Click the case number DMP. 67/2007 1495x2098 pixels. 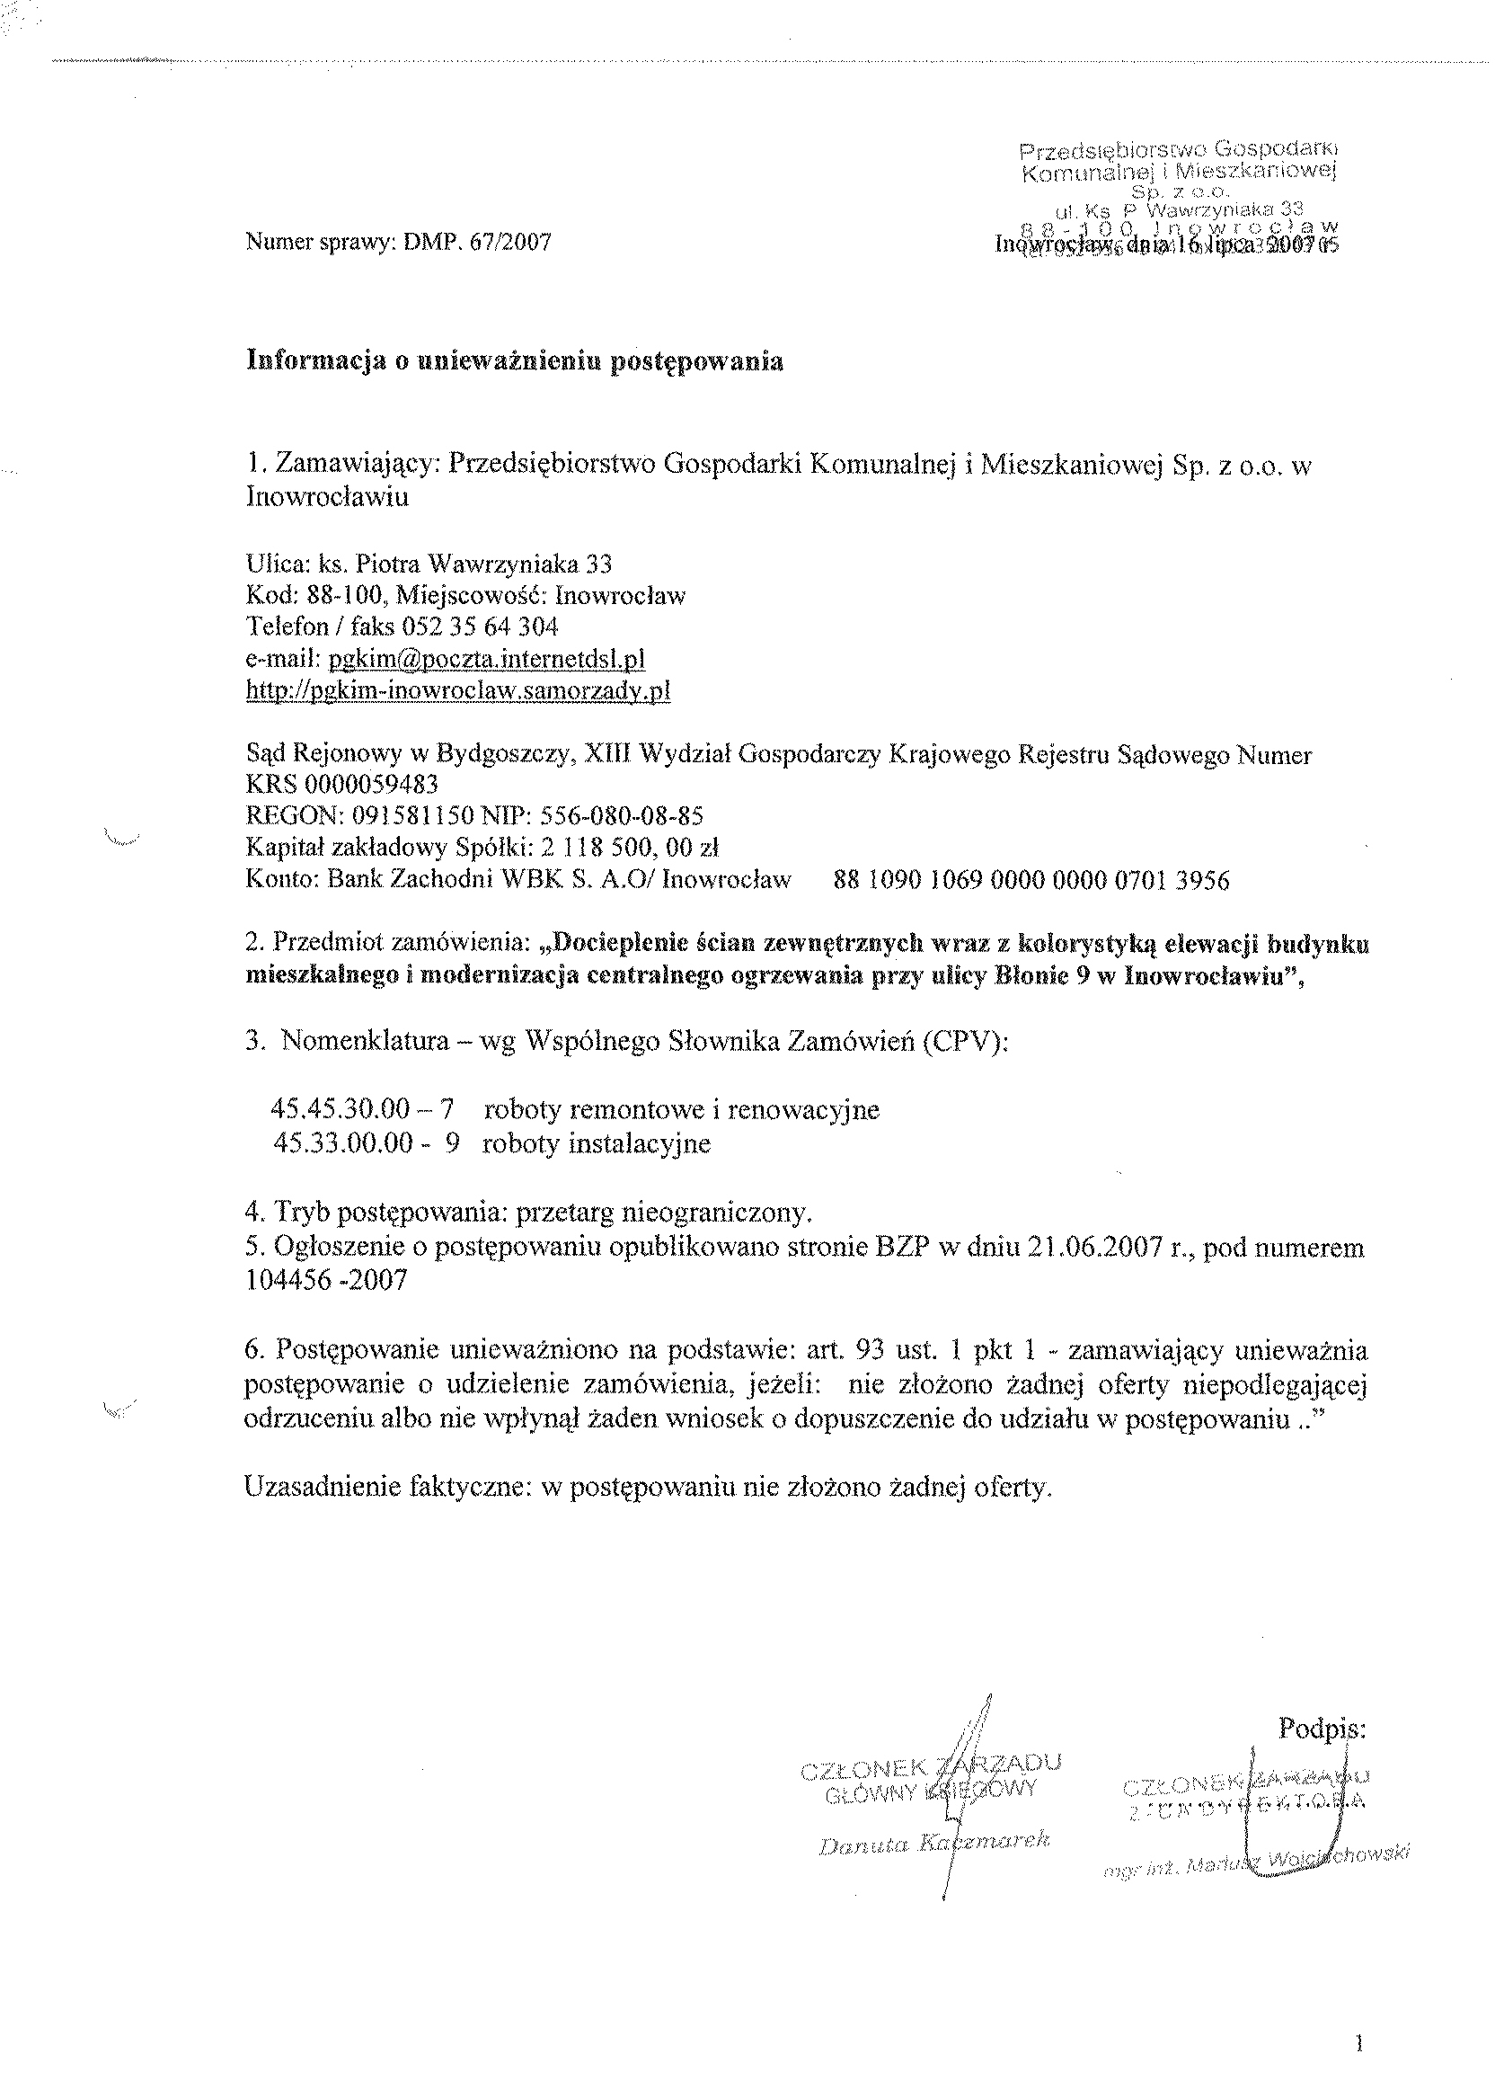(x=478, y=242)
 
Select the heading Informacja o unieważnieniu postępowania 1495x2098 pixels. (x=515, y=361)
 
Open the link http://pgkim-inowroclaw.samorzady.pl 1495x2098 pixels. (x=457, y=690)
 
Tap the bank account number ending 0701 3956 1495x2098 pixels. (x=1031, y=881)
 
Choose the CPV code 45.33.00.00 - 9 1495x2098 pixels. (x=366, y=1143)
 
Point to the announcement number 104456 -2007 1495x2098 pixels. (x=326, y=1280)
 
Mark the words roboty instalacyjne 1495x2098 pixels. (x=596, y=1143)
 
